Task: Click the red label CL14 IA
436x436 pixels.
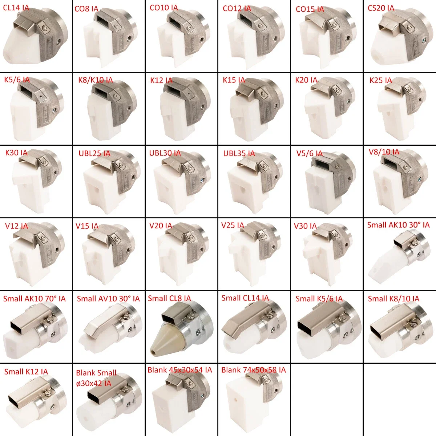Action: pos(16,8)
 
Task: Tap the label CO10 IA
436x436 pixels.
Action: pos(164,8)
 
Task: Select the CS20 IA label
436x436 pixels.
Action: pos(381,8)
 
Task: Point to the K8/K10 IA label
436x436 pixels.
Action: pos(96,80)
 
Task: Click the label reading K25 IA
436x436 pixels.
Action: pos(380,80)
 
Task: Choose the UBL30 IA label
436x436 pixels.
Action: pos(165,153)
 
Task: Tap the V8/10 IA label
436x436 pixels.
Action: pos(384,152)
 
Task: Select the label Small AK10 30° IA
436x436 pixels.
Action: pos(398,225)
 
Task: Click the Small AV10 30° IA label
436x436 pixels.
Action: pos(108,299)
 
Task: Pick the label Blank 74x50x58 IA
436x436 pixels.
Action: pos(253,370)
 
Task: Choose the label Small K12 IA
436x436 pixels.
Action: pos(26,372)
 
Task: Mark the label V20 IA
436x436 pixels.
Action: pos(161,226)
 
